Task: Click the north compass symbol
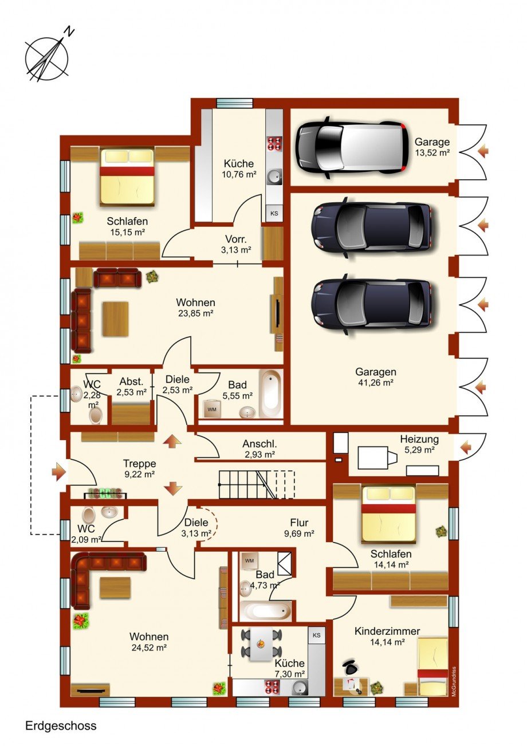[x=48, y=57]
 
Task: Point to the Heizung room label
[x=419, y=439]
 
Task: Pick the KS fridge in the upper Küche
[x=274, y=213]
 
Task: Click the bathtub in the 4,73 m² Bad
[x=266, y=611]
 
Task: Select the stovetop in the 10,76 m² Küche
[x=274, y=144]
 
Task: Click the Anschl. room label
[x=259, y=443]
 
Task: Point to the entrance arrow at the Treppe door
[x=59, y=472]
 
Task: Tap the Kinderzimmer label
[x=387, y=631]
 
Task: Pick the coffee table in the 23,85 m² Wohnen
[x=116, y=319]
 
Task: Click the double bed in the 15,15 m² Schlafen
[x=127, y=176]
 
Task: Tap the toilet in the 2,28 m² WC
[x=96, y=415]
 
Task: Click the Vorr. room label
[x=235, y=239]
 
